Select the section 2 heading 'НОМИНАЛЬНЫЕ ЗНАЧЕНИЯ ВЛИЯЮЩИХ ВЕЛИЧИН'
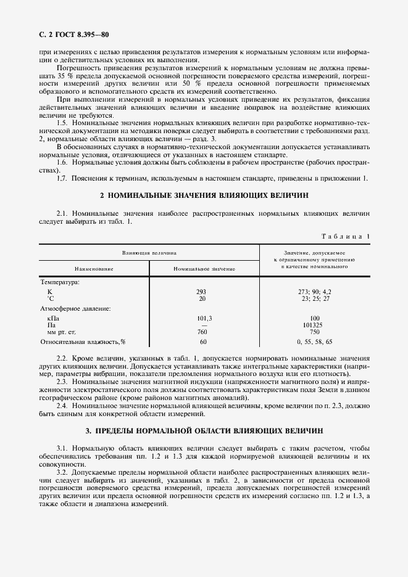coord(204,195)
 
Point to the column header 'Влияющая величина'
coord(149,252)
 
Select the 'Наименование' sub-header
coord(94,269)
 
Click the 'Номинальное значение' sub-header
coord(204,269)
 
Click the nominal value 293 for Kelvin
coord(202,291)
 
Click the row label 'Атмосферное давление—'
coord(75,308)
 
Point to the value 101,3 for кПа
coord(202,318)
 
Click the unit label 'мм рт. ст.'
coord(60,332)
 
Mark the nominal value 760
coord(202,332)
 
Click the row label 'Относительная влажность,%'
coord(83,342)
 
